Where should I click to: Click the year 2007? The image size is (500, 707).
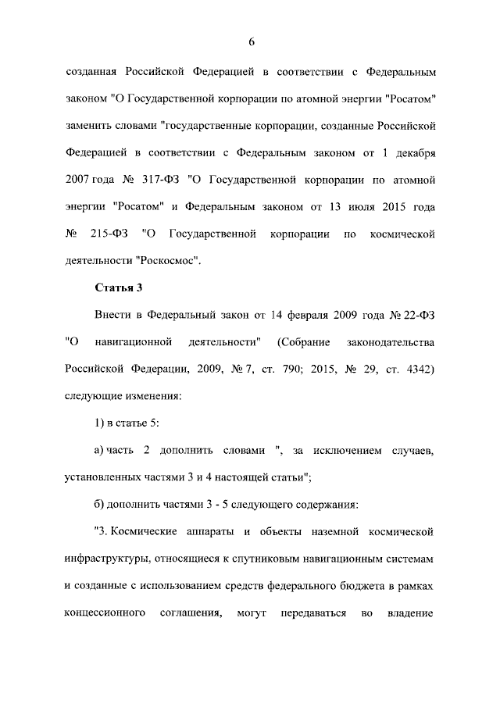click(80, 179)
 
